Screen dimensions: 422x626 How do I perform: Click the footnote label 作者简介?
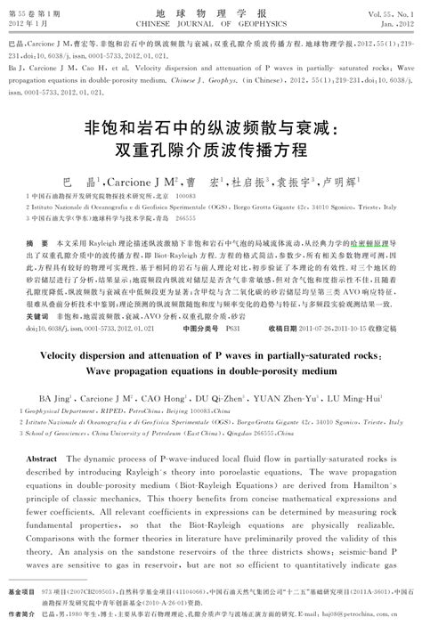tap(22, 613)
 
